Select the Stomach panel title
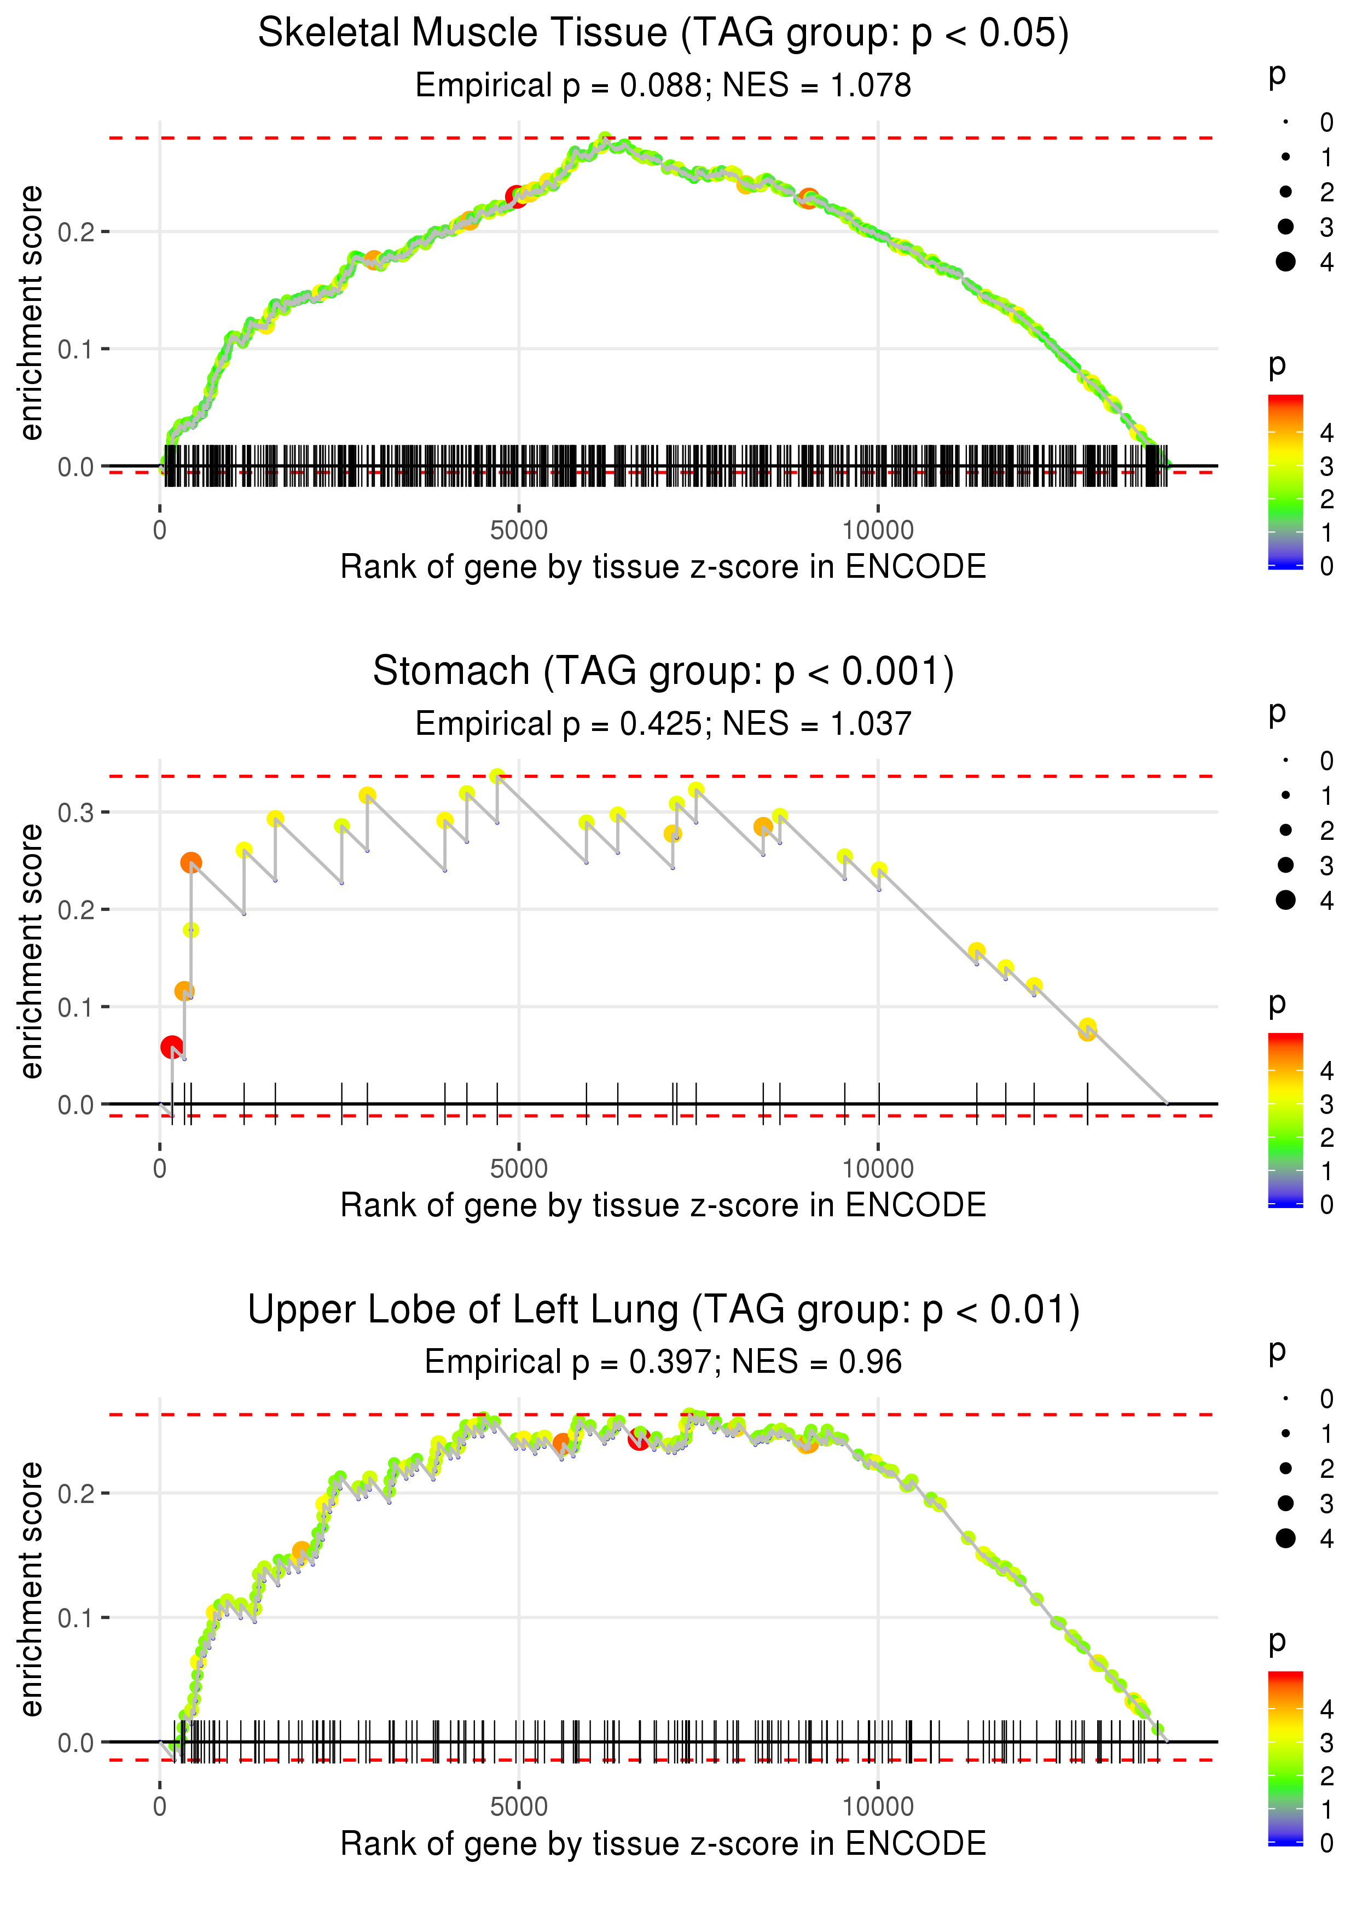tap(663, 672)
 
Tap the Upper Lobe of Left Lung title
tap(663, 1310)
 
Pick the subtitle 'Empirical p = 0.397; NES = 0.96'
tap(663, 1362)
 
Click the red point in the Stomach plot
tap(172, 1047)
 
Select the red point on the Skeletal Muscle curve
tap(515, 197)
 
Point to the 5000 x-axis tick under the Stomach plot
tap(519, 1169)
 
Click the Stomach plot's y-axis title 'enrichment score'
tap(32, 951)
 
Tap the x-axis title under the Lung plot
tap(663, 1843)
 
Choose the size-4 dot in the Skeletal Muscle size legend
tap(1285, 262)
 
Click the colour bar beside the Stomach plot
tap(1285, 1119)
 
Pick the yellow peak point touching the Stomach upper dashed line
tap(497, 776)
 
